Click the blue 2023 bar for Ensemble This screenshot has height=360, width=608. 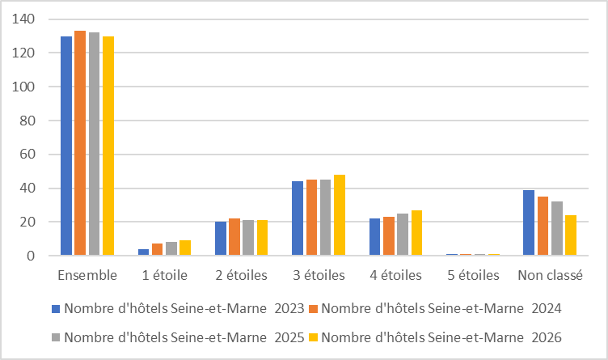66,146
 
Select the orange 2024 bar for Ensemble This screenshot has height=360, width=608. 80,143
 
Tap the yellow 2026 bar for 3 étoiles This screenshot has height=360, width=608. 339,215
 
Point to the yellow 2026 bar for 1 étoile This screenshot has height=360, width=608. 185,248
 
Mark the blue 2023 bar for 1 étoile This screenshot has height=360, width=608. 144,252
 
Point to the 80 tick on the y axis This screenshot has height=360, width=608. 27,121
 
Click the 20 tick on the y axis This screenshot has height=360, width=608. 27,222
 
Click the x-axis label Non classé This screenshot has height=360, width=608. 550,275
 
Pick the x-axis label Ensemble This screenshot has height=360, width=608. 87,275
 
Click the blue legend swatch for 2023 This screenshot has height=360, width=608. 56,308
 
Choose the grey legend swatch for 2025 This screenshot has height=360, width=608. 56,337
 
